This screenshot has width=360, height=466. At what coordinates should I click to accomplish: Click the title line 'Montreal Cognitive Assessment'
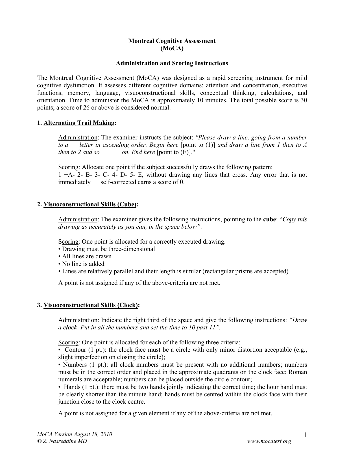pos(172,41)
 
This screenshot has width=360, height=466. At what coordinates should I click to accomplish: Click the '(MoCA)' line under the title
pos(172,48)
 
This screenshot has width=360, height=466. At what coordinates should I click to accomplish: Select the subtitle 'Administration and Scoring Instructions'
pos(172,63)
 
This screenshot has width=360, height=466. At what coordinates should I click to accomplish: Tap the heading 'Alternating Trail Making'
pos(79,123)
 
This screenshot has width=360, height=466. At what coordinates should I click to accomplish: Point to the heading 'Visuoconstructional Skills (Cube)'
pos(90,204)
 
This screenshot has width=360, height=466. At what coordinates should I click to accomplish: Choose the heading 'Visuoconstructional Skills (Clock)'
pos(91,305)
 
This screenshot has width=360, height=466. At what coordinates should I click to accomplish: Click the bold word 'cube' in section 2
pos(269,219)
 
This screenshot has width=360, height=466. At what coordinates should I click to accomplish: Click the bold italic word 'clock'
pos(70,327)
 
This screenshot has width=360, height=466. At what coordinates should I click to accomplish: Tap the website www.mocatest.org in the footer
pos(269,441)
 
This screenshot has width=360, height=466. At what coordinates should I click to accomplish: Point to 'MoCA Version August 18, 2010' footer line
pos(75,434)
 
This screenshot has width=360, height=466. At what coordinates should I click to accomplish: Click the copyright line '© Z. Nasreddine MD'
pos(62,441)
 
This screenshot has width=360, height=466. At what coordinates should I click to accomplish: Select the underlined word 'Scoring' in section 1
pos(68,167)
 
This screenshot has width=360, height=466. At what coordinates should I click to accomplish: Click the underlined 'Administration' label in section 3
pos(78,320)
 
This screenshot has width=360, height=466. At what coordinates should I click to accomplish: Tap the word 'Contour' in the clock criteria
pos(75,350)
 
